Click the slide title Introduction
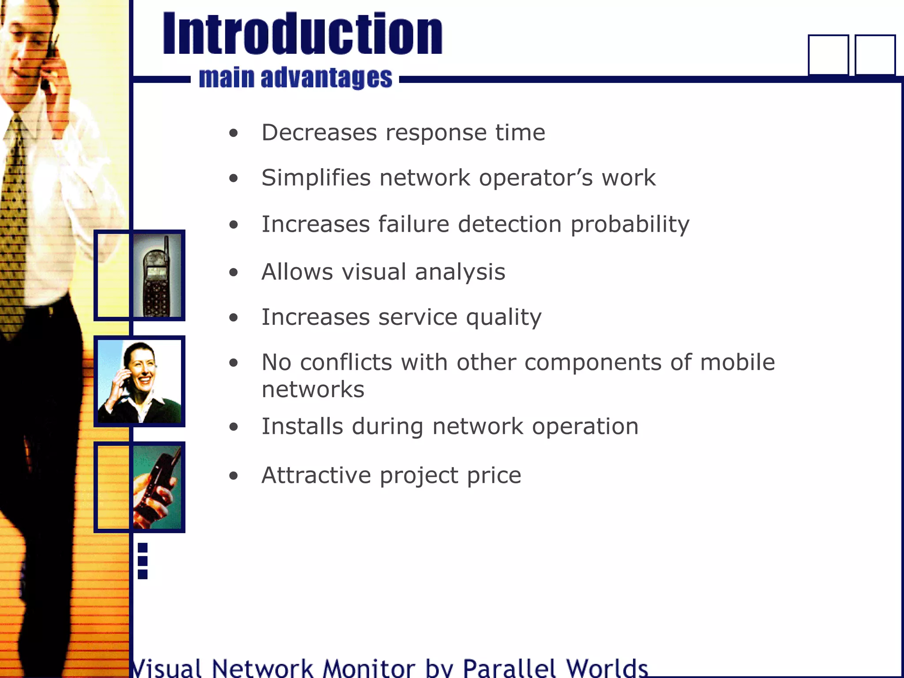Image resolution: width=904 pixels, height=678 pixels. coord(302,34)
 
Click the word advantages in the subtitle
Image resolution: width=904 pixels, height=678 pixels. coord(326,78)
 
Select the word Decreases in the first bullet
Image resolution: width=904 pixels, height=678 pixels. coord(319,132)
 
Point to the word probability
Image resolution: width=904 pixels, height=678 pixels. coord(630,224)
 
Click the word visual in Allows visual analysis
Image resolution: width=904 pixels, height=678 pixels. coord(374,271)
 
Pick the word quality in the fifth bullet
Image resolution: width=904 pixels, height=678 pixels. coord(504,317)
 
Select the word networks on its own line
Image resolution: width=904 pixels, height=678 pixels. coord(313,389)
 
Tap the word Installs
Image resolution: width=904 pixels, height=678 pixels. coord(302,426)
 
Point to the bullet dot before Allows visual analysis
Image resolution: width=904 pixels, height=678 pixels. coord(234,272)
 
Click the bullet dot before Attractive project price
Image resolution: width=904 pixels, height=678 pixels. coord(234,476)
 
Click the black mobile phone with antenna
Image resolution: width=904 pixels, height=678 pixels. coord(156,278)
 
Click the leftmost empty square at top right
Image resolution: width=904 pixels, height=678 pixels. coord(828,55)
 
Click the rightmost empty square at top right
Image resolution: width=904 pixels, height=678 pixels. coord(875,55)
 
